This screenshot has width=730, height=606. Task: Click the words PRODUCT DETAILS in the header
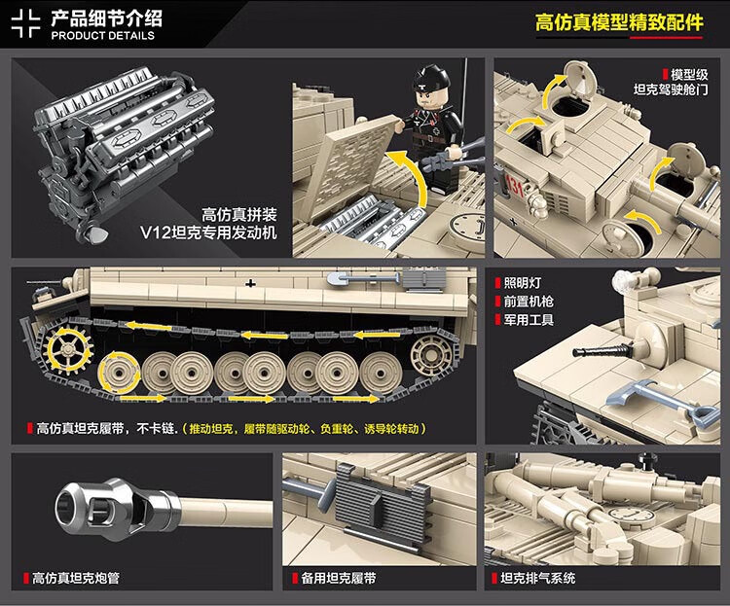[x=102, y=36]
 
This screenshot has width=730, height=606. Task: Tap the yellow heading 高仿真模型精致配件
[x=619, y=22]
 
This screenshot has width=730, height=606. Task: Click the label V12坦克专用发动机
[x=208, y=232]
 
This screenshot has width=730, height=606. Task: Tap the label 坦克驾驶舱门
[x=671, y=89]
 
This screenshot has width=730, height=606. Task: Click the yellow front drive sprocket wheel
[x=68, y=350]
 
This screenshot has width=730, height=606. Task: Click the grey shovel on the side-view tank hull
[x=363, y=279]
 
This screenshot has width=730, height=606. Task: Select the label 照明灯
[x=523, y=283]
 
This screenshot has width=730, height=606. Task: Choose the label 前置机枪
[x=529, y=302]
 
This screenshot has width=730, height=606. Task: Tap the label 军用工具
[x=529, y=320]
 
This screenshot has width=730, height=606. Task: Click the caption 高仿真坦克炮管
[x=75, y=579]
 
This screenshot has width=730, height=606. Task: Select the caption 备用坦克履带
[x=339, y=579]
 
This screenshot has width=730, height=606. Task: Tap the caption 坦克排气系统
[x=537, y=579]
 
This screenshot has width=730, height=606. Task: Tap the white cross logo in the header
[x=26, y=23]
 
